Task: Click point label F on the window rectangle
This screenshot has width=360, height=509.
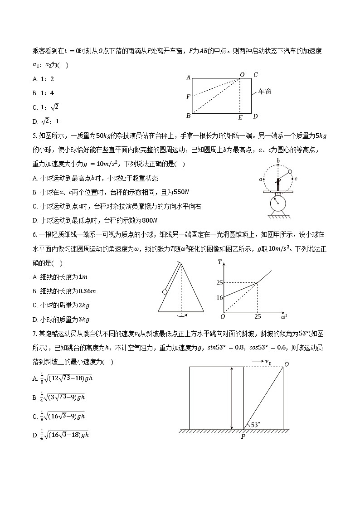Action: (188, 97)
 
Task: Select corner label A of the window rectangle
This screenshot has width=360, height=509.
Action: (188, 78)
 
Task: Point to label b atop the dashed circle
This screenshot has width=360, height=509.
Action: (277, 161)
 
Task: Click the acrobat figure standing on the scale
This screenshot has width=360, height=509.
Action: (277, 184)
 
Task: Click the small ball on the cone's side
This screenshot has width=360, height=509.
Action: (165, 291)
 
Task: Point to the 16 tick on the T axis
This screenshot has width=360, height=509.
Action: (219, 298)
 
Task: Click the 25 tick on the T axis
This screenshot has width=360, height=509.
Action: (219, 283)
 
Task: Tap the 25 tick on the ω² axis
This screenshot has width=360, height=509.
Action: (257, 316)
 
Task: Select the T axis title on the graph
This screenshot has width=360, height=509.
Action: (219, 262)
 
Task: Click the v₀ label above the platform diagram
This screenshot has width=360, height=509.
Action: (268, 362)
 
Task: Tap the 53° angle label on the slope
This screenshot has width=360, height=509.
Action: (257, 425)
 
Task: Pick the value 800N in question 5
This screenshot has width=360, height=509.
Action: (148, 220)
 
